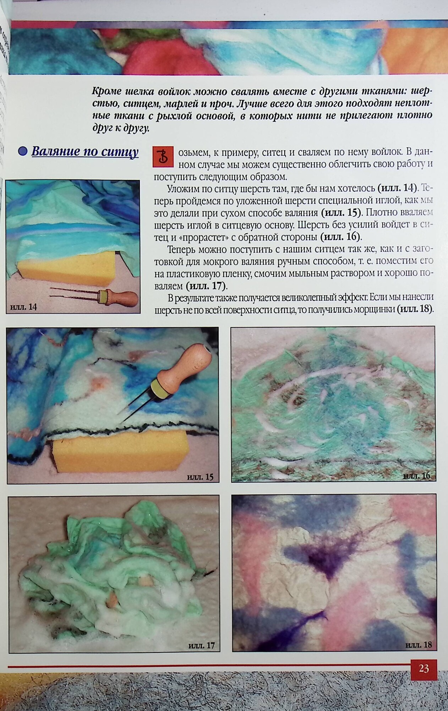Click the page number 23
pyautogui.click(x=424, y=668)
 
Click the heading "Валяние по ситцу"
pyautogui.click(x=85, y=152)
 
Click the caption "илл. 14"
pyautogui.click(x=23, y=307)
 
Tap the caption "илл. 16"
pyautogui.click(x=417, y=476)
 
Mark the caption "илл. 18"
pyautogui.click(x=419, y=645)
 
